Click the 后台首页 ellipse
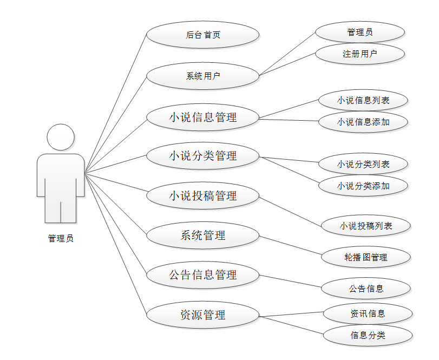[x=203, y=35]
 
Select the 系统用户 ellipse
[x=203, y=76]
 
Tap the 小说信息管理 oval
[x=203, y=117]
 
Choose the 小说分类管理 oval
[x=203, y=156]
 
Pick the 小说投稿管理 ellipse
[x=203, y=196]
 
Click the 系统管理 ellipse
[x=203, y=235]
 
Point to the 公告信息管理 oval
[x=203, y=275]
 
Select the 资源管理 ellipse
[x=203, y=315]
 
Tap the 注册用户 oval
[x=360, y=54]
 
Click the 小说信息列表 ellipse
[x=363, y=100]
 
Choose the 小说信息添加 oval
[x=363, y=122]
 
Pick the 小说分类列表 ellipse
[x=363, y=164]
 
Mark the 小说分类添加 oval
[x=363, y=186]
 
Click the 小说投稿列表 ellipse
[x=366, y=226]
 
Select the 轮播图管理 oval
[x=366, y=257]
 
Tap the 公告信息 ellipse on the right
[x=366, y=289]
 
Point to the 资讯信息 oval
[x=368, y=313]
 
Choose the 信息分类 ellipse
[x=368, y=335]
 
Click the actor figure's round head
[x=61, y=138]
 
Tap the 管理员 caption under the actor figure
[x=61, y=238]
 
